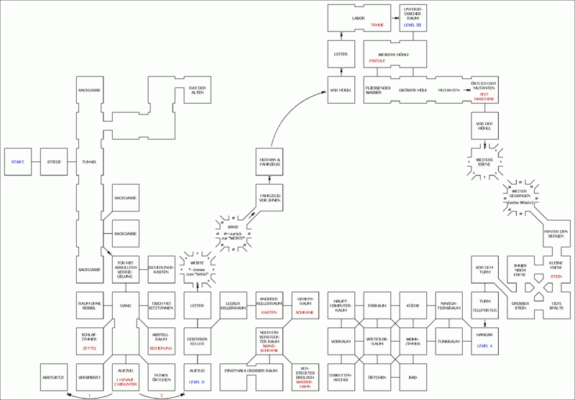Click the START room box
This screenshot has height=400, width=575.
(x=17, y=162)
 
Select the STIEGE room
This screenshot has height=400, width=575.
(x=53, y=162)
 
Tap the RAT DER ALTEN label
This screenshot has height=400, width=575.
(x=198, y=90)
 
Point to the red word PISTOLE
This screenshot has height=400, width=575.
(x=377, y=61)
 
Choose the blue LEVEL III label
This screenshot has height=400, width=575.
(x=413, y=25)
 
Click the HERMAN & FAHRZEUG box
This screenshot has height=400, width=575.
(x=270, y=162)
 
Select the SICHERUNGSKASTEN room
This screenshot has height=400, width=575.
(x=162, y=270)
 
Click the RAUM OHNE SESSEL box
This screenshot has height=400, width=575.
(x=90, y=306)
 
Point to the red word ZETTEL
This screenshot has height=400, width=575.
(x=90, y=347)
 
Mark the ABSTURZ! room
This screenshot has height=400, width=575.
(x=53, y=377)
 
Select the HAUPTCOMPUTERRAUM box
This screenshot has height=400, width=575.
(x=341, y=306)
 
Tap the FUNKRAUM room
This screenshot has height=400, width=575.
(x=449, y=342)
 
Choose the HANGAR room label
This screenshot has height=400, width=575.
(x=485, y=336)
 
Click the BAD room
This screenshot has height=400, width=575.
(x=413, y=377)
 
